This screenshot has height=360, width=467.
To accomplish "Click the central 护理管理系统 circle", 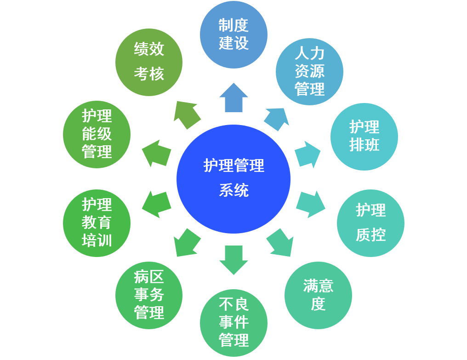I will click(233, 179).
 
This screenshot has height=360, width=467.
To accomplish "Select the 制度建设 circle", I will click(233, 34).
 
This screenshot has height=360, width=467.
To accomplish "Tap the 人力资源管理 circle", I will click(309, 71).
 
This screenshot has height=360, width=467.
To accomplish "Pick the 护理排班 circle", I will click(364, 137).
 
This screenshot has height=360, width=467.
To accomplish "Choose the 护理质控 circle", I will click(370, 223).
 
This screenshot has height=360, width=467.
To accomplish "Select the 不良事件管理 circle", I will click(233, 322).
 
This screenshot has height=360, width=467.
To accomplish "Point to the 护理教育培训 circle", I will click(97, 223).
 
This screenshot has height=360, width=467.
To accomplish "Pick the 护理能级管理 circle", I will click(97, 134).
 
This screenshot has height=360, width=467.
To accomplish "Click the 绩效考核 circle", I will click(149, 62).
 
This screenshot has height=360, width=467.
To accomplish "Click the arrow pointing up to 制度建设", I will click(233, 97).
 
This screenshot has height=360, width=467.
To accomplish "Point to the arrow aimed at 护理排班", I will click(307, 154).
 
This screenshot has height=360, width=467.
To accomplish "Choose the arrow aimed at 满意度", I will click(280, 242).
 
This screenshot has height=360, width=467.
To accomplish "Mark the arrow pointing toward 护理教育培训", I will click(156, 204).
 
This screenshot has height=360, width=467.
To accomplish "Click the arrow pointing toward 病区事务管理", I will click(187, 242).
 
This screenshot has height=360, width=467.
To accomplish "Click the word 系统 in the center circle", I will click(233, 190).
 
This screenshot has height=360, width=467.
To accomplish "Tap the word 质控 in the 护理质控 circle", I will click(370, 235).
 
